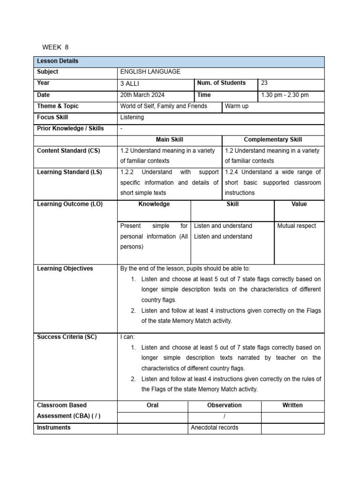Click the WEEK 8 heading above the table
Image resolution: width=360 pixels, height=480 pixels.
coord(55,47)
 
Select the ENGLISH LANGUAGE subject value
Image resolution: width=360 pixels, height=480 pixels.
coord(150,72)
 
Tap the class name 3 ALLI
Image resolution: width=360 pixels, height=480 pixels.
coord(130,83)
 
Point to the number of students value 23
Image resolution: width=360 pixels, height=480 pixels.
coord(264,83)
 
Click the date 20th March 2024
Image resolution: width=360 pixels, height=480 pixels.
coord(142,95)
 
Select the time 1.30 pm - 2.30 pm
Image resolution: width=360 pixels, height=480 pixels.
coord(285,95)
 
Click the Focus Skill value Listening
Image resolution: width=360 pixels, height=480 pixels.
coord(132,117)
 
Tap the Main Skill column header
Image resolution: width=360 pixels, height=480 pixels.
coord(169,139)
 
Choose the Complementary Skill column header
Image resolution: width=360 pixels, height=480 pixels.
coord(273,139)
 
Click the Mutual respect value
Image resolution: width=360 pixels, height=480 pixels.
coord(297,226)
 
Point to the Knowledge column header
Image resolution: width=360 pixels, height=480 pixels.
coord(154,204)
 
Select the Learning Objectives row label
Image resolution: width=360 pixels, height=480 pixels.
coord(65,269)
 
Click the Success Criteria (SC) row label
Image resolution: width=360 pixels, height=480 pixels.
coord(67,337)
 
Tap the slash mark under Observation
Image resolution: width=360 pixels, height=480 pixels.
coord(225,417)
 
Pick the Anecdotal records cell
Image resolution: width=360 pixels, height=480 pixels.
coord(215,427)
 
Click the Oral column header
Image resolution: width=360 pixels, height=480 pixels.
coord(152,405)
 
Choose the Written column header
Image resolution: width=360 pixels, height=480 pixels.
coord(292,405)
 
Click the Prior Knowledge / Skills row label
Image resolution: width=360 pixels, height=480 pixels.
coord(70,128)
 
